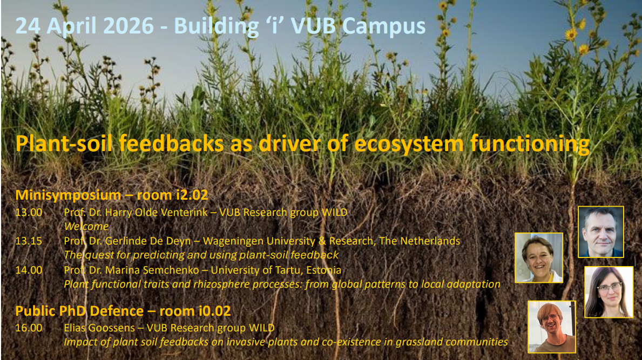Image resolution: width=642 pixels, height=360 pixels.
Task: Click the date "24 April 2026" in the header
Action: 86,26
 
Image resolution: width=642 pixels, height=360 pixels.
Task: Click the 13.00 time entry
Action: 29,212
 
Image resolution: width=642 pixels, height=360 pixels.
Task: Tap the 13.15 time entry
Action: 29,241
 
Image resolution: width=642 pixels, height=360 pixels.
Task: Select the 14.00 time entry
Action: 29,270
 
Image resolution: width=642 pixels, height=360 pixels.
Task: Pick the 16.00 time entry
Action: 29,327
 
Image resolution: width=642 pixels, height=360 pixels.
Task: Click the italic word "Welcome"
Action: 86,226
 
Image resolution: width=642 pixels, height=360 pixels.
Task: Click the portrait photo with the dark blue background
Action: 600,232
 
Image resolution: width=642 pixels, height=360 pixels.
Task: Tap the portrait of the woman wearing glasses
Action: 609,292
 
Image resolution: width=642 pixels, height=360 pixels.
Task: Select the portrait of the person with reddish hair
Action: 551,327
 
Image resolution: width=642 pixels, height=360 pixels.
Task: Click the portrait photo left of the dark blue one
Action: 538,257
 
